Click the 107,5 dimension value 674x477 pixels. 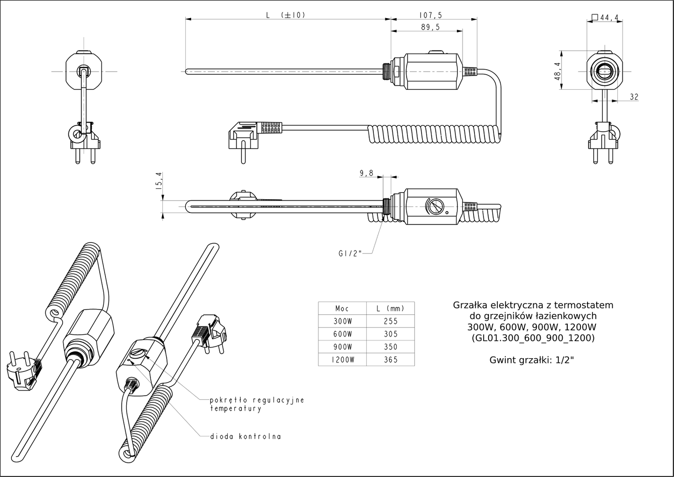tap(431, 15)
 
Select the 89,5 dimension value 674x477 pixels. tap(431, 27)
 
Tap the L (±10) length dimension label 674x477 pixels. tap(286, 15)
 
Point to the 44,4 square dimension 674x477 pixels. tap(605, 18)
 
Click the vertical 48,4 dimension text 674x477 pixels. tap(557, 72)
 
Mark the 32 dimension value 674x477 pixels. tap(634, 97)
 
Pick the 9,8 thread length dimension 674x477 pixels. tap(366, 173)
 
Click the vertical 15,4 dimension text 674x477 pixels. tap(159, 181)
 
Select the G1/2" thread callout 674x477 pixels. tap(350, 254)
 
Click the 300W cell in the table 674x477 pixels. tap(343, 322)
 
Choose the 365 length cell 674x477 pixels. tap(391, 360)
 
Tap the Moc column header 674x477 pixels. tap(342, 308)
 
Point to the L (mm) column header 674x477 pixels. tap(390, 308)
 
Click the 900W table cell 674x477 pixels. tap(343, 347)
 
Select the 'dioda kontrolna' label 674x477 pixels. tap(245, 436)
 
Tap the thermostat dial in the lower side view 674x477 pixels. tap(434, 207)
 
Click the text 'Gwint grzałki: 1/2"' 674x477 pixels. tap(532, 360)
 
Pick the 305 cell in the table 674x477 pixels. tap(391, 334)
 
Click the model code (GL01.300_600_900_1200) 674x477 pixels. tap(533, 338)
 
